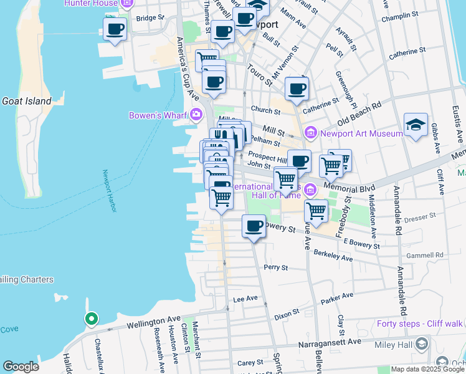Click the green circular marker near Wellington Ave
coord(91,319)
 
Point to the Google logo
coord(21,367)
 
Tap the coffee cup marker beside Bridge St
coord(115,29)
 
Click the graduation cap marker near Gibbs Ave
coord(416,125)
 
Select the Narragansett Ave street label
coord(331,342)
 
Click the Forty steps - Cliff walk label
coord(420,324)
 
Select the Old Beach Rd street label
coord(359,113)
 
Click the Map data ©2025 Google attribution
coord(428,369)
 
